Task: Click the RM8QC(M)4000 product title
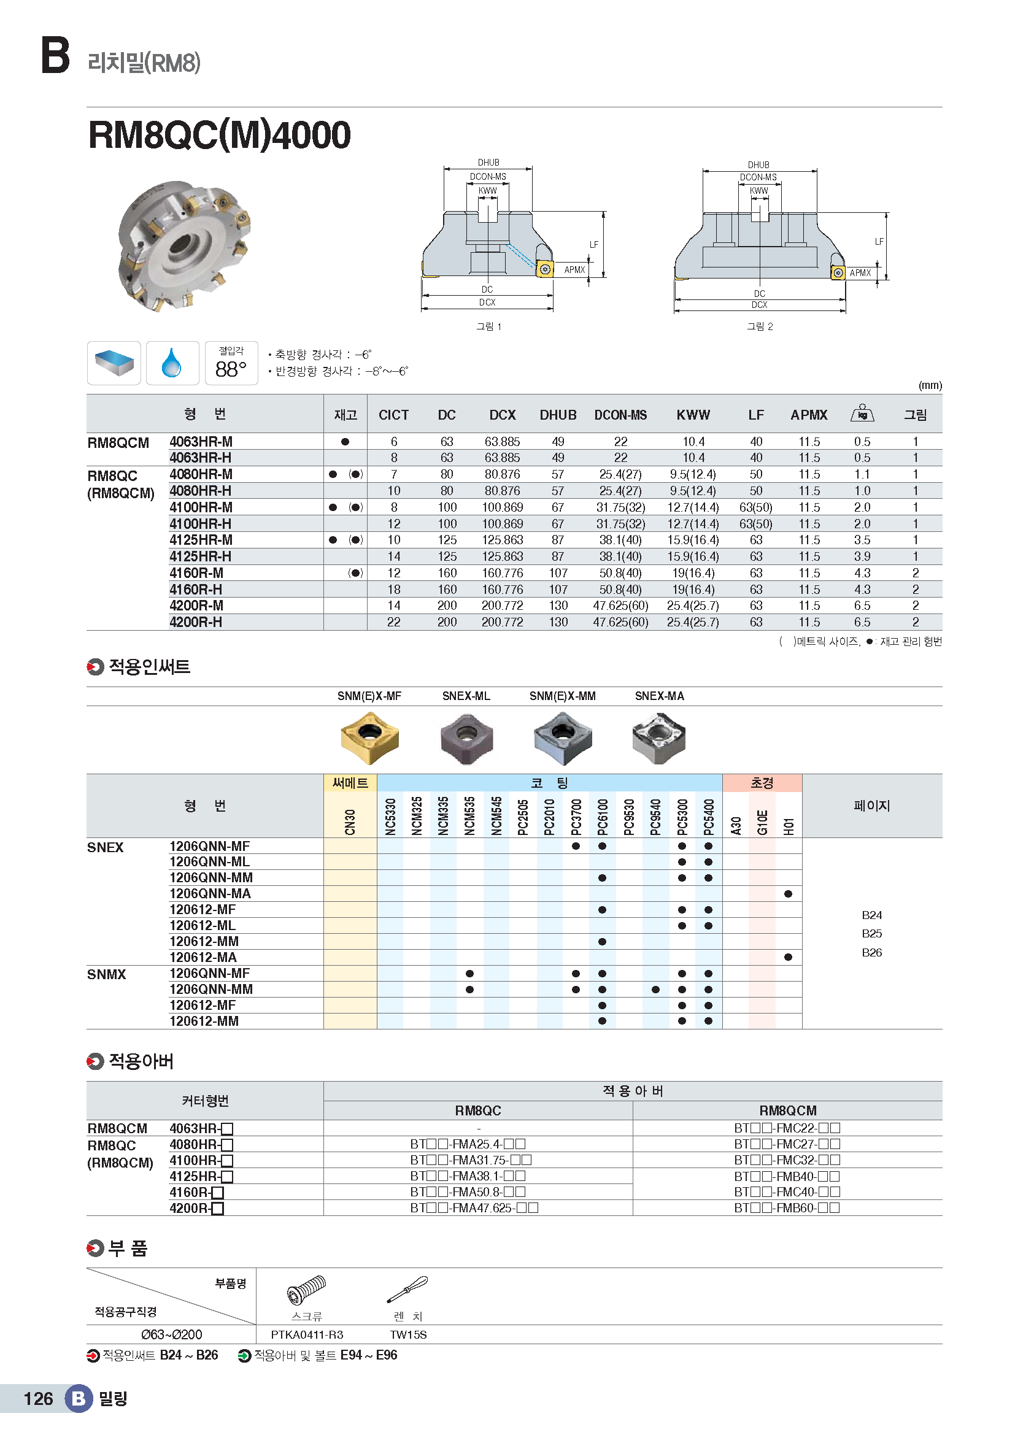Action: pos(219,135)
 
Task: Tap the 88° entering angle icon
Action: pos(231,364)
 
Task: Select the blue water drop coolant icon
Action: pos(172,363)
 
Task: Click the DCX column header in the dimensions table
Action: pos(502,415)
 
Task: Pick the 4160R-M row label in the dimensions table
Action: pos(196,573)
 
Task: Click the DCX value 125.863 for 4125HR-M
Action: pos(502,540)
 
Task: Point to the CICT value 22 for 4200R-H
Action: pos(394,623)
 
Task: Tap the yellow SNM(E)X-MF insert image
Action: pos(370,737)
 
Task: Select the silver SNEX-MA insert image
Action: pos(658,737)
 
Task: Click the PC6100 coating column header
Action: pos(603,816)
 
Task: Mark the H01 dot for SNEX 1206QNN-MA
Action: pos(788,894)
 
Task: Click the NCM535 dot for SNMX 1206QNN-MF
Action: pos(469,974)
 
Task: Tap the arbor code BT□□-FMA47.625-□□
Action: pos(474,1208)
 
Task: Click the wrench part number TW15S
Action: pos(408,1335)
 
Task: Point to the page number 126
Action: pos(38,1399)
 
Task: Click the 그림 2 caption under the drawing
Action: pos(759,326)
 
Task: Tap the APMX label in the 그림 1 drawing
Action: pos(574,270)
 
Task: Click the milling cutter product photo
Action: pos(183,245)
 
